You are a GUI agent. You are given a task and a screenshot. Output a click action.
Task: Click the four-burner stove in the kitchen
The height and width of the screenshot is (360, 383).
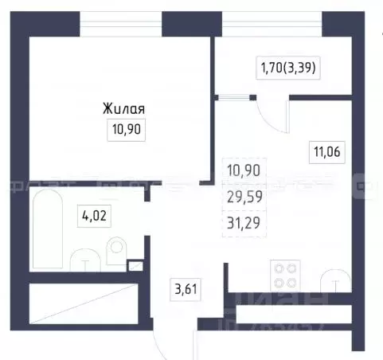286,275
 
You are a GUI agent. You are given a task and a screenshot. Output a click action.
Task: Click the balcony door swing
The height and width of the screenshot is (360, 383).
267,109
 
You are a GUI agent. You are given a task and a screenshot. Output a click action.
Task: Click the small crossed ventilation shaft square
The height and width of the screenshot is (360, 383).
135,268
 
